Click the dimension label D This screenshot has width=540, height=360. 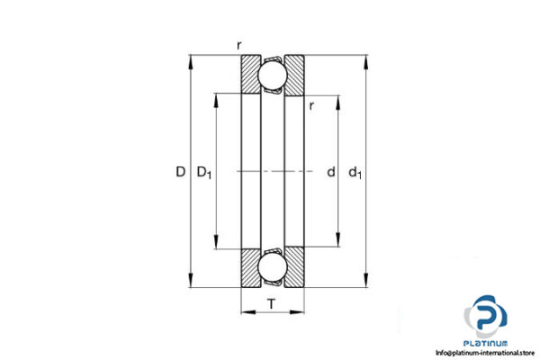(x=181, y=171)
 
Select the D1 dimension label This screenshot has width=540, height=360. (x=204, y=172)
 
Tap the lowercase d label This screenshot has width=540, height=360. (x=330, y=171)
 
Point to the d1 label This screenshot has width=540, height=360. (x=356, y=172)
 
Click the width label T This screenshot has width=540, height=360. (x=271, y=305)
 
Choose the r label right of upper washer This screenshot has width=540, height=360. (x=310, y=106)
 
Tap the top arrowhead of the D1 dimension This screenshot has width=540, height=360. (x=216, y=95)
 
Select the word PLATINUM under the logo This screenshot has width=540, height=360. (x=486, y=343)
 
